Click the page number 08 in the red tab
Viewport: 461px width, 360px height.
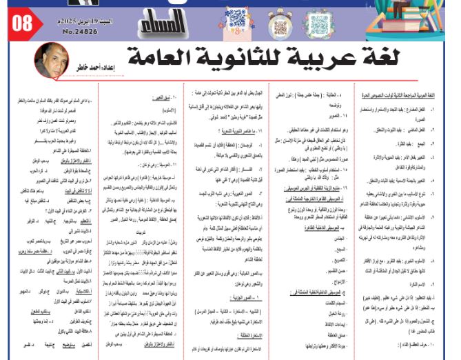click(x=23, y=22)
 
